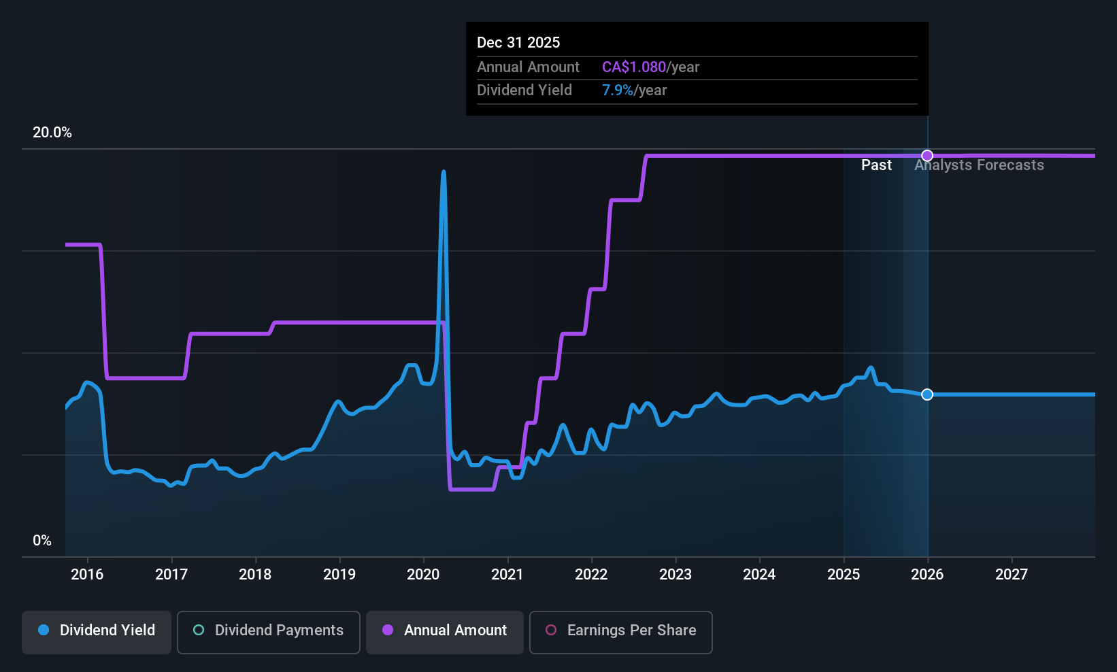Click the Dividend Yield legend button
click(97, 631)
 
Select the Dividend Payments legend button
click(269, 631)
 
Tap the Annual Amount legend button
click(445, 631)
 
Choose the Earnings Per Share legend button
click(620, 631)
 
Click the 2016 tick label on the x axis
click(87, 575)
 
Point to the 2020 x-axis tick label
click(423, 575)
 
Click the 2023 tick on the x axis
click(675, 575)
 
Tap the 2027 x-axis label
click(1011, 575)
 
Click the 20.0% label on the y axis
click(52, 133)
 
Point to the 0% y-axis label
click(42, 541)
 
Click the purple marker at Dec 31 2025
click(927, 156)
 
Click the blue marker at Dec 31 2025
click(927, 394)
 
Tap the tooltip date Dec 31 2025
click(518, 43)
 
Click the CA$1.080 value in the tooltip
click(633, 67)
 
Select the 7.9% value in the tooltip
click(617, 90)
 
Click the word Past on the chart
click(876, 165)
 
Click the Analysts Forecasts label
click(979, 165)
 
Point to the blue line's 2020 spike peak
click(444, 173)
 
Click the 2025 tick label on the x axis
click(843, 575)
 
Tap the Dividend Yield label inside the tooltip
click(524, 90)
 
